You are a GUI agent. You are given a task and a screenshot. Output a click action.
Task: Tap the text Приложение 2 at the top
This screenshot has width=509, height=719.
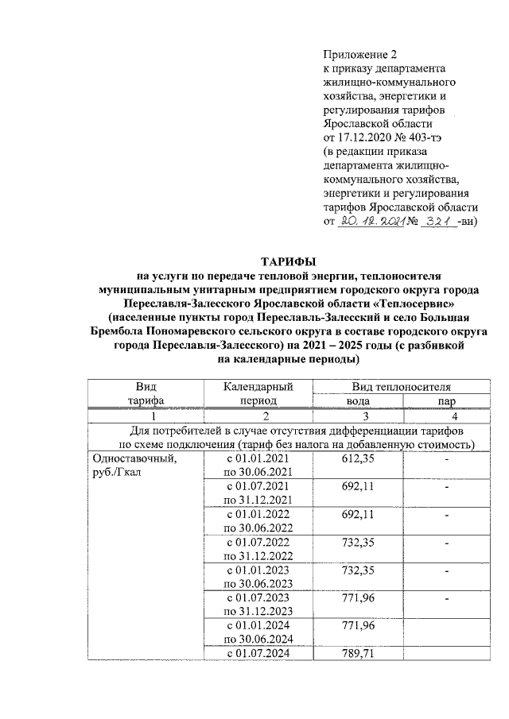(359, 54)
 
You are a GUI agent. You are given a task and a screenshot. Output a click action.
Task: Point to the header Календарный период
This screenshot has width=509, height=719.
(257, 393)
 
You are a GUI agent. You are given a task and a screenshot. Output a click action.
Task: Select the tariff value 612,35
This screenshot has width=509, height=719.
(357, 459)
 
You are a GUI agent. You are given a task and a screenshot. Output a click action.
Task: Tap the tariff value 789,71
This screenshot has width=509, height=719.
(357, 653)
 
